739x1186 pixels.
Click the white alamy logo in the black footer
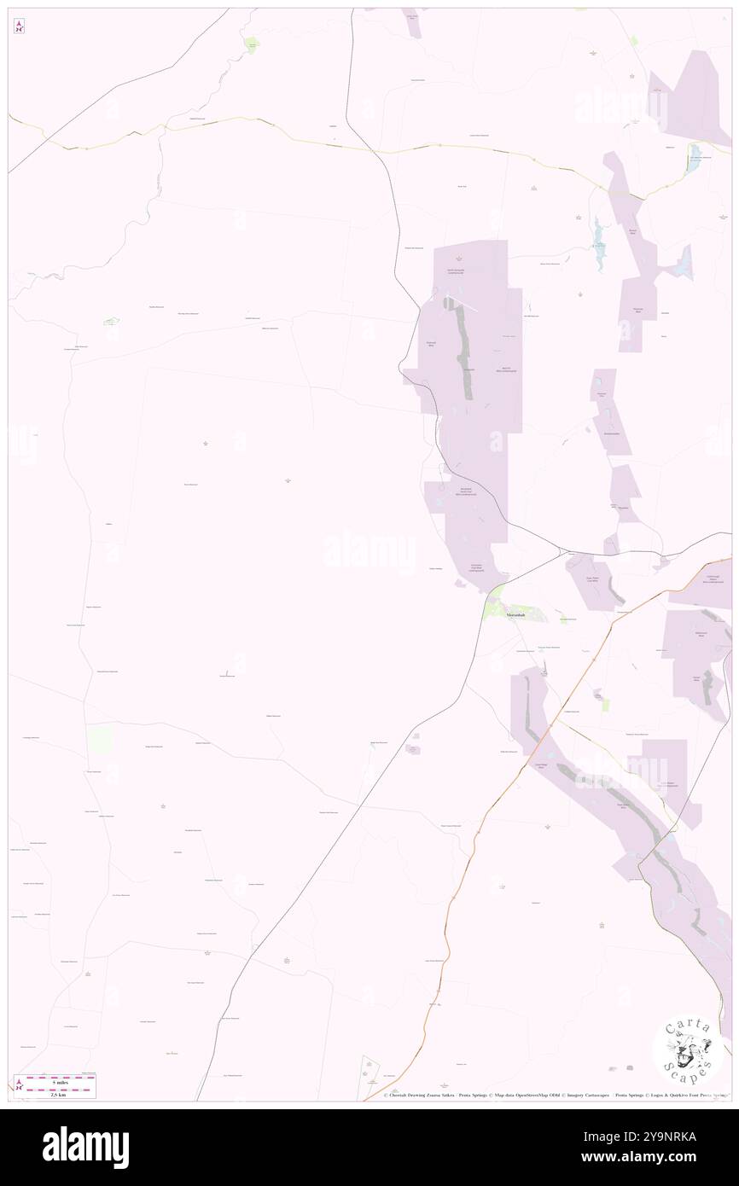tap(85, 1147)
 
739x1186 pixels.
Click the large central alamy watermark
tap(369, 549)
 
